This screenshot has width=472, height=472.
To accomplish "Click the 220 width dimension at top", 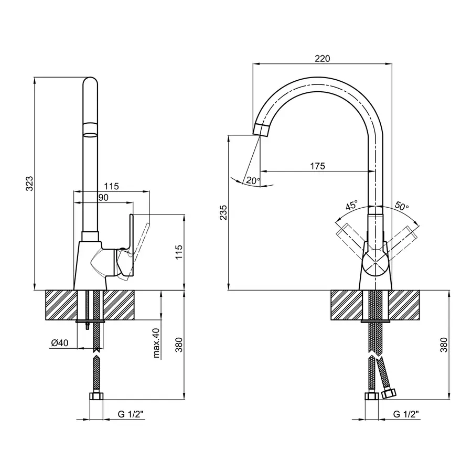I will [322, 59].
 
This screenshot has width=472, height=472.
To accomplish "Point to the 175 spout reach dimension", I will [317, 166].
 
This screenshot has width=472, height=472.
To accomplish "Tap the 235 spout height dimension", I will [223, 212].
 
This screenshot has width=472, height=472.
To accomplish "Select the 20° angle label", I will [253, 181].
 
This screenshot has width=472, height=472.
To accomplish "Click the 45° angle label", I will [351, 205].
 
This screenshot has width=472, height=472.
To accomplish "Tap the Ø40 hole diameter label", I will [60, 343].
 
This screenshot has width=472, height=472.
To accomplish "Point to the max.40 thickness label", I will [156, 344].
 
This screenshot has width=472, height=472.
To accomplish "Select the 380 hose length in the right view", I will [444, 344].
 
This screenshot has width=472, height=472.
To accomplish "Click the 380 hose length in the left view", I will [178, 344].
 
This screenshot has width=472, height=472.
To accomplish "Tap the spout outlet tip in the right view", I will [262, 129].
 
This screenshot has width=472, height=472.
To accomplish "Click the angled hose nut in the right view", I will [389, 393].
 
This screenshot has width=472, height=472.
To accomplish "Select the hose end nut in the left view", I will [96, 396].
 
